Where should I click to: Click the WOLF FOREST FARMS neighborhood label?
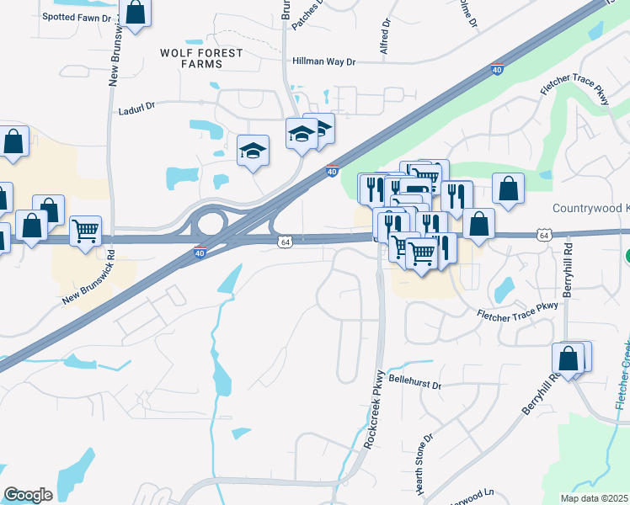pyautogui.click(x=201, y=59)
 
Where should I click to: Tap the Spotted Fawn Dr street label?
pyautogui.click(x=77, y=17)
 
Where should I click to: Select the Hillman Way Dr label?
pyautogui.click(x=325, y=61)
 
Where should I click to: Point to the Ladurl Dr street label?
pyautogui.click(x=138, y=108)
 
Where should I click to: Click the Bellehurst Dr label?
pyautogui.click(x=415, y=385)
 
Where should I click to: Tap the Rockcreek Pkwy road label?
pyautogui.click(x=374, y=407)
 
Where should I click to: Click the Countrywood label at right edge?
pyautogui.click(x=590, y=209)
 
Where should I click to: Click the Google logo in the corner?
pyautogui.click(x=28, y=494)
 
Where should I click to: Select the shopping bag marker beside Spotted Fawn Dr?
pyautogui.click(x=135, y=13)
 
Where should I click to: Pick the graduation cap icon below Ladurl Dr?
pyautogui.click(x=253, y=151)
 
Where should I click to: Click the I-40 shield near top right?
pyautogui.click(x=498, y=69)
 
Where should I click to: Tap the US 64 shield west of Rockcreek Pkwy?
pyautogui.click(x=286, y=242)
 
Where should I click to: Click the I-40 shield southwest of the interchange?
pyautogui.click(x=199, y=252)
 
